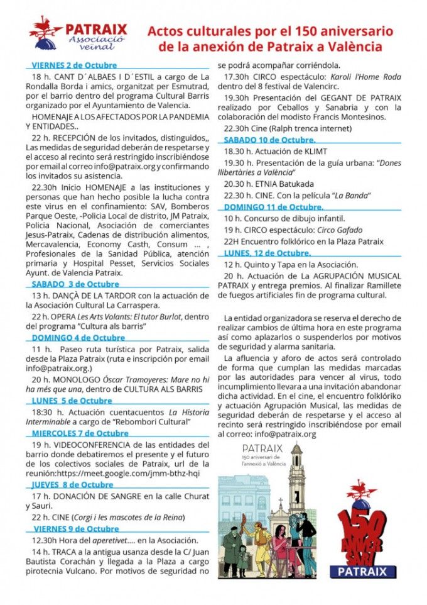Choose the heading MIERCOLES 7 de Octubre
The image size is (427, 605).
pyautogui.click(x=80, y=433)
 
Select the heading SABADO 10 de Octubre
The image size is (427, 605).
pyautogui.click(x=269, y=140)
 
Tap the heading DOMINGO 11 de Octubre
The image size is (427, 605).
pyautogui.click(x=273, y=206)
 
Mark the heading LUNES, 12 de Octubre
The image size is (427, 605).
pyautogui.click(x=267, y=253)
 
